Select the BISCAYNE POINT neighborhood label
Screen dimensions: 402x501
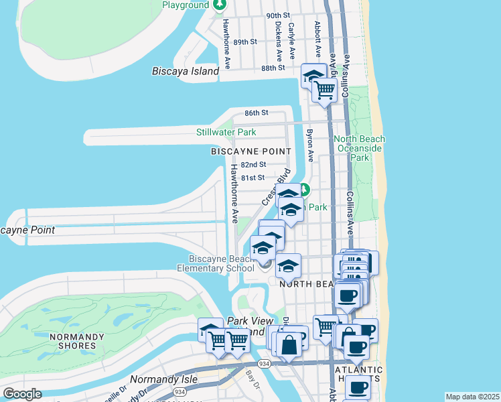(251, 151)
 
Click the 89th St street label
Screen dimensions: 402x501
(244, 42)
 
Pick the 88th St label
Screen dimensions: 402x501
(273, 68)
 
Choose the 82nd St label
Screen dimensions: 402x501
(254, 164)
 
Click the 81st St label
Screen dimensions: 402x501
(253, 178)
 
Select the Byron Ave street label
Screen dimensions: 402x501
(310, 145)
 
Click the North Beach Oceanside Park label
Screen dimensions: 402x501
(360, 148)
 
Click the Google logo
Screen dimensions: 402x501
(23, 394)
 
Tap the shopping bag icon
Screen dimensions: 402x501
(289, 346)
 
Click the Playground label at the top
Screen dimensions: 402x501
(186, 5)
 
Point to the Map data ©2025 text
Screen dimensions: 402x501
(472, 397)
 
